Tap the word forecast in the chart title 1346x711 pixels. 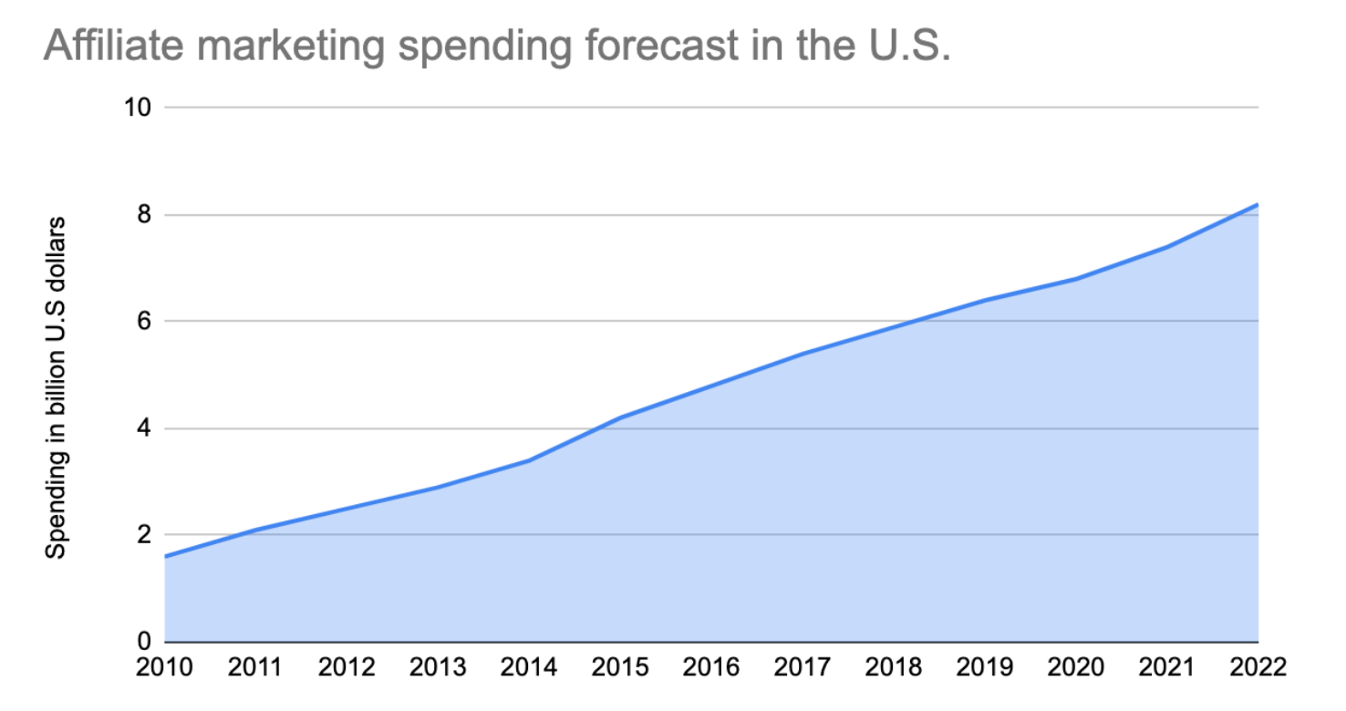(637, 46)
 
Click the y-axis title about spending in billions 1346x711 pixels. (57, 386)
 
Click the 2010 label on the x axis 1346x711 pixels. (165, 668)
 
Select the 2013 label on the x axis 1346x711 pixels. (439, 668)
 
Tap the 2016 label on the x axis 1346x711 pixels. (712, 668)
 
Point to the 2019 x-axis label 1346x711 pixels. (986, 668)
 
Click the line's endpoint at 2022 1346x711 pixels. (1258, 204)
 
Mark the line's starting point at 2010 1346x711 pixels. (166, 556)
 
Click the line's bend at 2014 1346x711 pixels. (530, 460)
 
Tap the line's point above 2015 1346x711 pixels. (621, 417)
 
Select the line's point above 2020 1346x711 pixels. (1076, 279)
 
